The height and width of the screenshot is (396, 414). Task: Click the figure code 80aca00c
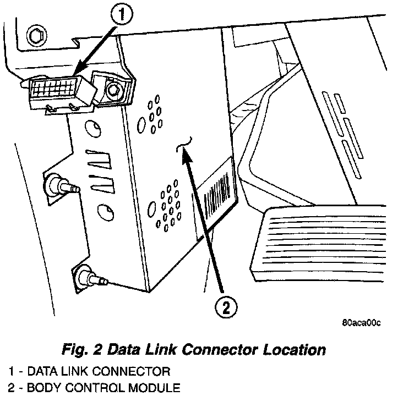point(361,323)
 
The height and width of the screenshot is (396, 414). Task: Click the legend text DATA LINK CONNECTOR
point(99,371)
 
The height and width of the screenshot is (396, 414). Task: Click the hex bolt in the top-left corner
point(35,36)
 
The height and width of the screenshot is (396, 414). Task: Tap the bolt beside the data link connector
point(114,89)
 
